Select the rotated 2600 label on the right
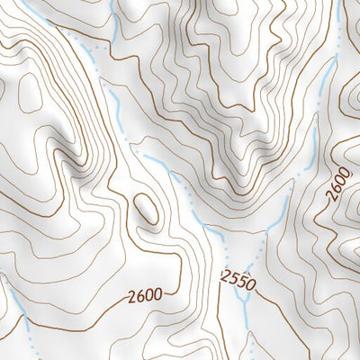(x=338, y=184)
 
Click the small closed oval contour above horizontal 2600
(x=147, y=210)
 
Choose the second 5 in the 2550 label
(x=243, y=283)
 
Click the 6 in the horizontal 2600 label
(x=139, y=294)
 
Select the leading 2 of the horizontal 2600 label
(x=130, y=295)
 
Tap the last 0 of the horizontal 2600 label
(x=157, y=293)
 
